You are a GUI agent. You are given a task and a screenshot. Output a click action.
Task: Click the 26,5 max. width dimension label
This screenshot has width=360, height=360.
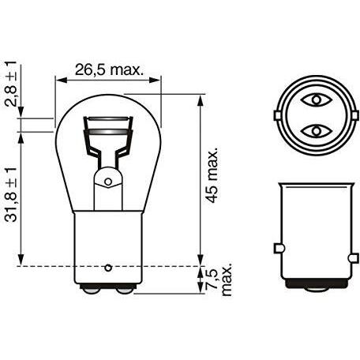[108, 70]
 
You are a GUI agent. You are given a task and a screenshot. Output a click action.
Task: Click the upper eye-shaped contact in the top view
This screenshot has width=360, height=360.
[316, 101]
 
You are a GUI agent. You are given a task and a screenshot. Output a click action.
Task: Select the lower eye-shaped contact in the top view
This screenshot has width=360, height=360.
[316, 129]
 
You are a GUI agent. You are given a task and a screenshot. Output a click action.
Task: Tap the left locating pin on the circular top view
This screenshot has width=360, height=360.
[277, 115]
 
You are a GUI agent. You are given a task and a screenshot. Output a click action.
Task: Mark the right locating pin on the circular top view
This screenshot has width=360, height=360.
[354, 115]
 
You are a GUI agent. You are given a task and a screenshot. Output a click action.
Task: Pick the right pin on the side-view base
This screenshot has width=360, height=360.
[353, 250]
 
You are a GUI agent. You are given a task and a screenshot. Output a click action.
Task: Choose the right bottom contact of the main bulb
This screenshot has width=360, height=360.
[125, 291]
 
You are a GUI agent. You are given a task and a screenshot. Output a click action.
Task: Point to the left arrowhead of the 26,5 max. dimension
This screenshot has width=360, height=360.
[58, 79]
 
